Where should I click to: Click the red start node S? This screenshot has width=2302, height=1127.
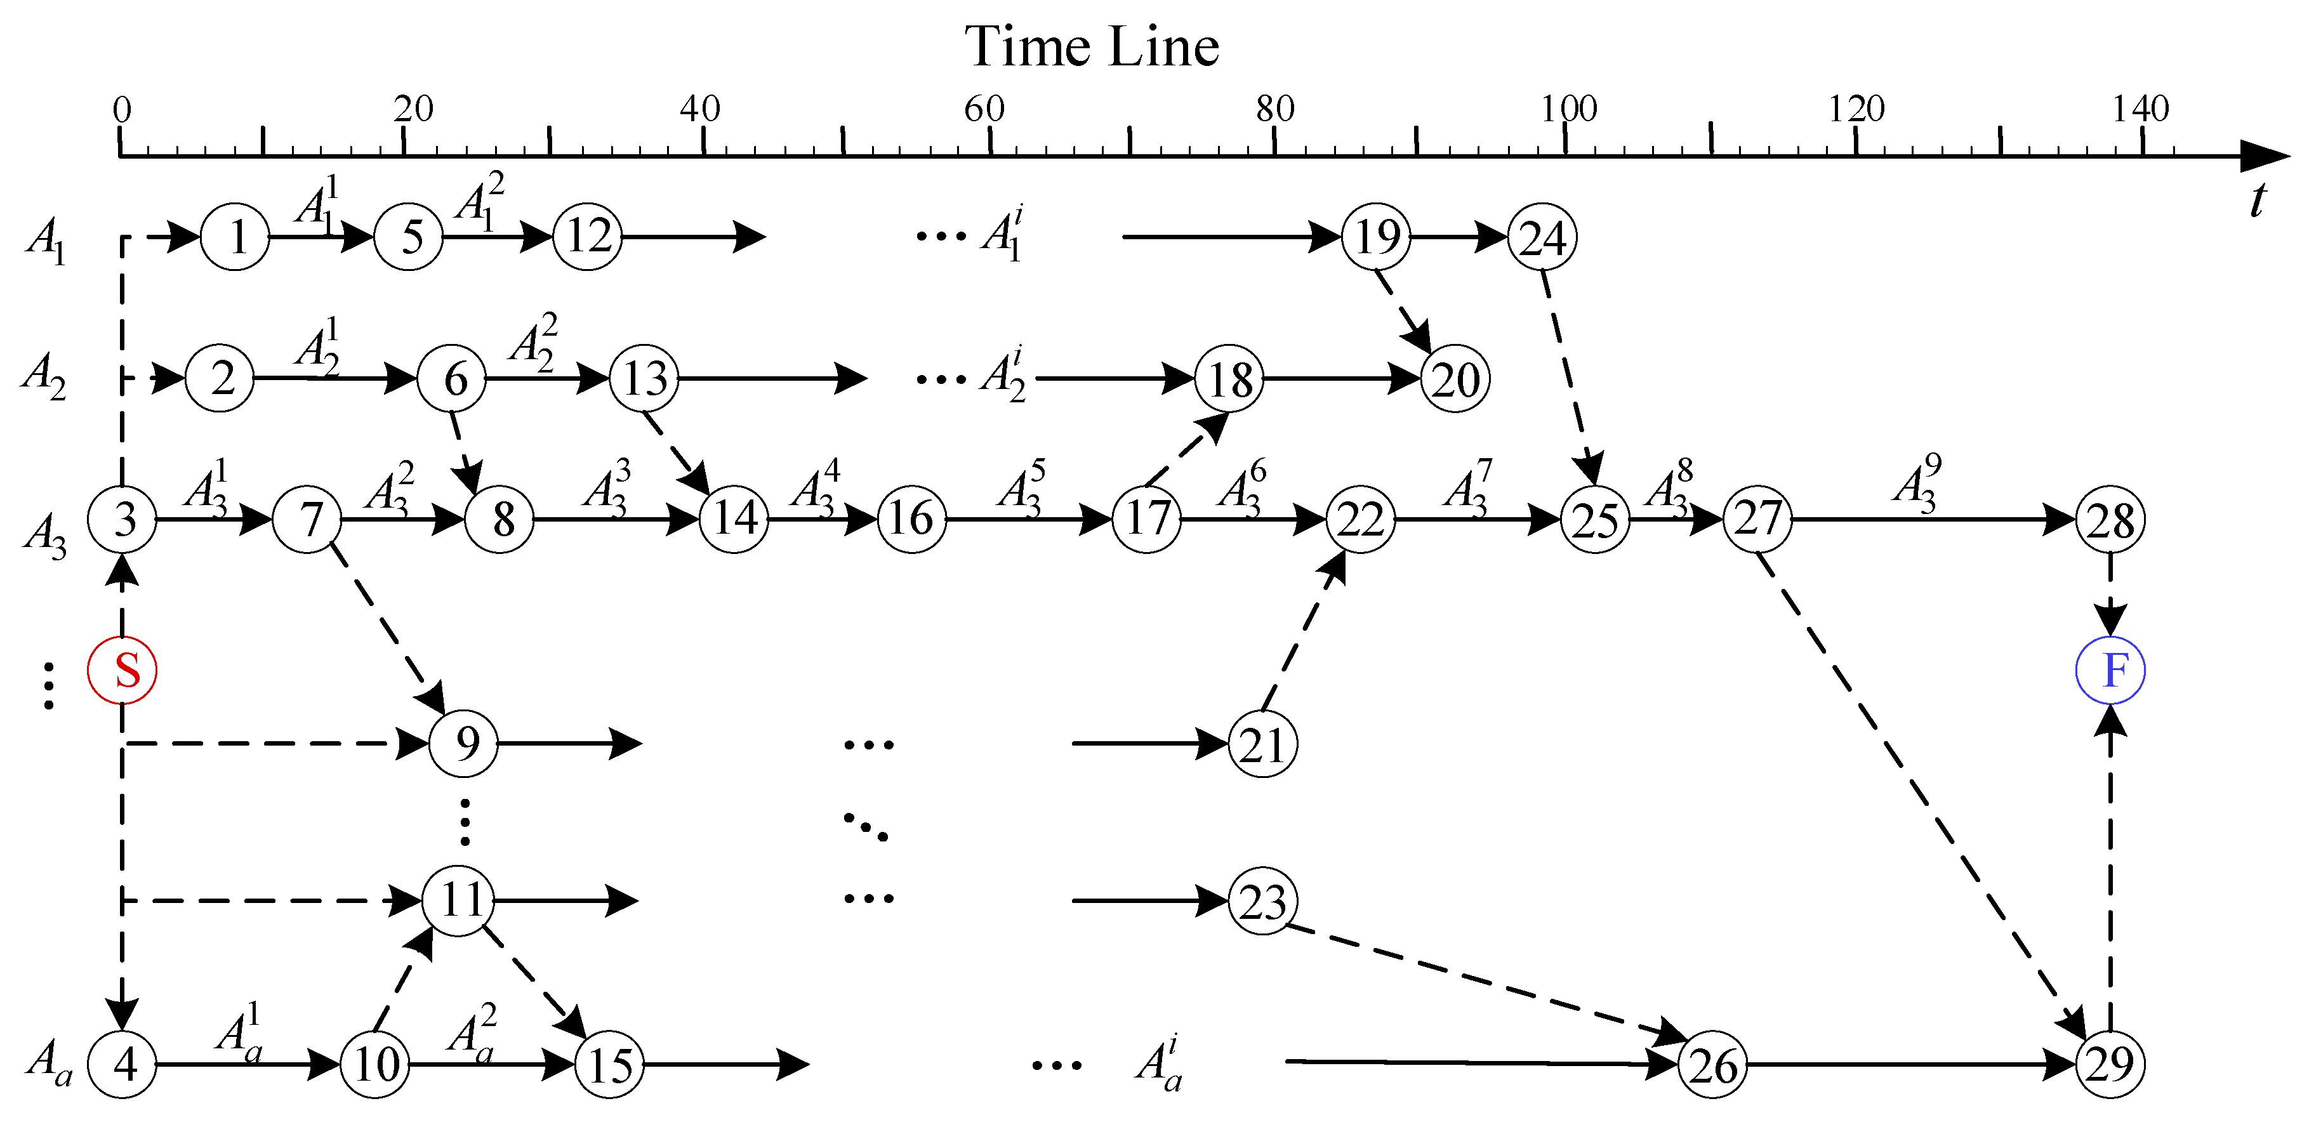point(122,670)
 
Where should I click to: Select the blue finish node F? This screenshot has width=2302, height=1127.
point(2110,670)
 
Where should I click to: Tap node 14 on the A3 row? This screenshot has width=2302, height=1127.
point(734,519)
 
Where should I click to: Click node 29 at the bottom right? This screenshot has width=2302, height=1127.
point(2110,1064)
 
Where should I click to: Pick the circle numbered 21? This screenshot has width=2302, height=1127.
point(1262,744)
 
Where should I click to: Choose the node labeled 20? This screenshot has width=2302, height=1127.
point(1455,379)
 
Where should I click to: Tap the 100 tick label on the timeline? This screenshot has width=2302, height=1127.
point(1568,109)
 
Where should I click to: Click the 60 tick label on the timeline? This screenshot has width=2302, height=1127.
point(984,109)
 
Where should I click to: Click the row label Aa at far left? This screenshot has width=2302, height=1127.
point(49,1062)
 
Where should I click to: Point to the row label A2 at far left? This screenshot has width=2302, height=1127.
point(44,377)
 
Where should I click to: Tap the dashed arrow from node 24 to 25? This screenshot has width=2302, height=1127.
point(1568,376)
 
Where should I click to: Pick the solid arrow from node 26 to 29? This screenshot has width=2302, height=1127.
point(1908,1064)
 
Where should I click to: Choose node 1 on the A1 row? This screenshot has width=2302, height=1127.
point(235,237)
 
